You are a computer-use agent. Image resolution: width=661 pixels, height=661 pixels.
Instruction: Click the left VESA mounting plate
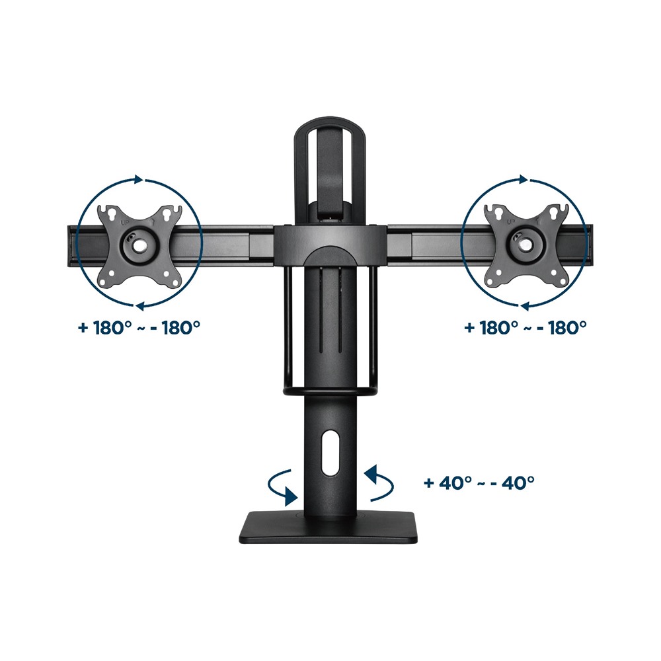[139, 246]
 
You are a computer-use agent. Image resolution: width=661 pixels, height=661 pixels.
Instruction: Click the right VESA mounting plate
[526, 246]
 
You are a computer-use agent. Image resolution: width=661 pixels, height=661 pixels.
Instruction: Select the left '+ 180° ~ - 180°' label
[139, 327]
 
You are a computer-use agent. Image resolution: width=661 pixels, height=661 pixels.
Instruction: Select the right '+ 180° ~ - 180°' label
[525, 327]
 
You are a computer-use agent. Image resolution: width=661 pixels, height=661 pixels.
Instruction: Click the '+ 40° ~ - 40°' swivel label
[479, 482]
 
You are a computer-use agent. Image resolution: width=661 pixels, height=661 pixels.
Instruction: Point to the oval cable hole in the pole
[330, 457]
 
